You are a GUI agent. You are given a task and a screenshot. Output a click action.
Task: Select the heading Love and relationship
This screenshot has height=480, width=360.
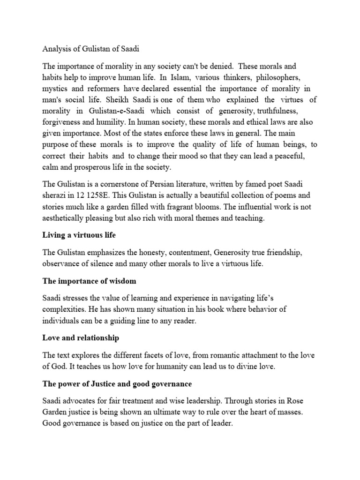coord(81,337)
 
